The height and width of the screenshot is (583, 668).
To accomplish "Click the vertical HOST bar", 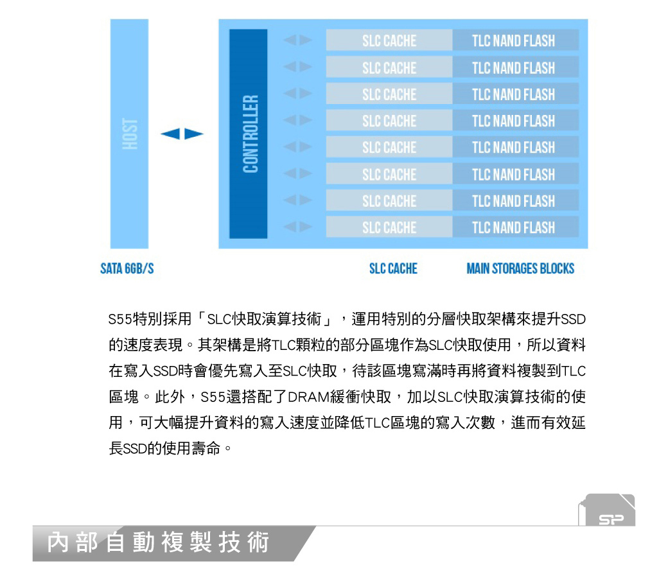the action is [130, 134].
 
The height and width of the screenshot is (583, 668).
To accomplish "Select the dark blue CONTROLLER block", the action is [249, 134].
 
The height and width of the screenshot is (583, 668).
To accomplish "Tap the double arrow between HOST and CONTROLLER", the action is [182, 134].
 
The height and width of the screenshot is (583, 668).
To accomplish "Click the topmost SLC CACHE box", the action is [389, 40].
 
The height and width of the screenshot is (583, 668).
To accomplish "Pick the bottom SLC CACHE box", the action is [389, 227].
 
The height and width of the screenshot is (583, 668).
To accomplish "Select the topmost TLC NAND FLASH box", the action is [516, 40].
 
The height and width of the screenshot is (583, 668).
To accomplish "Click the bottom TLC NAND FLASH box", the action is [516, 227].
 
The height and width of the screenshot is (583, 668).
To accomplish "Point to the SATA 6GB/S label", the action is [127, 269].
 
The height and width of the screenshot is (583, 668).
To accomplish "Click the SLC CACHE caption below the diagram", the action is [393, 269].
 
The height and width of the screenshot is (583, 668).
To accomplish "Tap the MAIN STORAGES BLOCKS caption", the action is [520, 269].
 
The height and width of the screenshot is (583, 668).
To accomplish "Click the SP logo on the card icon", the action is [611, 519].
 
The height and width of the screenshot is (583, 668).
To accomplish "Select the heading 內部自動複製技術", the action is [158, 543].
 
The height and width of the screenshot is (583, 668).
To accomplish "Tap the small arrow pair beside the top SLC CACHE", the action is [298, 40].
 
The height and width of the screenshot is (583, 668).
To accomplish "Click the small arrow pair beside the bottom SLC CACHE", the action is [298, 227].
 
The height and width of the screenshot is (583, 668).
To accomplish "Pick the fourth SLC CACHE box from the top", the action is [389, 121].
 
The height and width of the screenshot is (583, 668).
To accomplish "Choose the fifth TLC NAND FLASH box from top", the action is [516, 147].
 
